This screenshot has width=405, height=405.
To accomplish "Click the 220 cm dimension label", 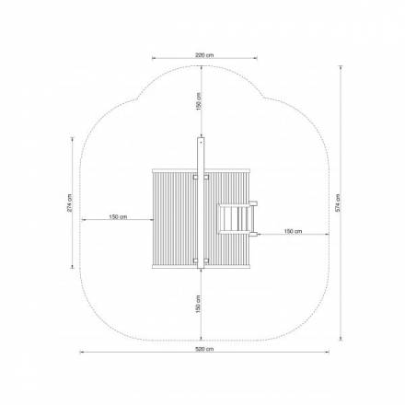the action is tap(204, 55).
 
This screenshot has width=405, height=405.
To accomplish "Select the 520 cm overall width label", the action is tap(204, 349).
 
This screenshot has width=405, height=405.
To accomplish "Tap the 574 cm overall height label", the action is tap(338, 203).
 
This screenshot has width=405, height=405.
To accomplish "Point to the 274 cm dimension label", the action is tap(69, 202).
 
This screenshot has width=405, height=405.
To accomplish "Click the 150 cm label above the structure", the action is tap(199, 101).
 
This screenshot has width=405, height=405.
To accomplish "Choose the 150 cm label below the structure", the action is tap(198, 304).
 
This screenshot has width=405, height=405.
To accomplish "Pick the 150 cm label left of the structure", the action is tap(118, 217).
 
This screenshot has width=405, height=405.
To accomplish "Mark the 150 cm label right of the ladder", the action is tap(293, 231).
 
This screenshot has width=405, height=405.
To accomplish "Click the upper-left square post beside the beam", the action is tap(195, 177).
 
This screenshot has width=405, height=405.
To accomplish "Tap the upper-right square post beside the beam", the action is tap(206, 177).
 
